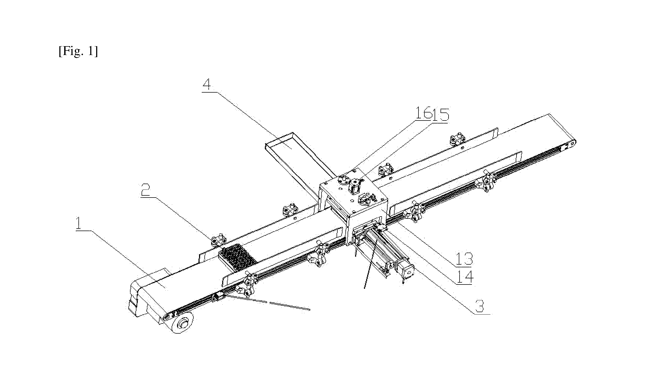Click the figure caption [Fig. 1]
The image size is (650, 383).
click(x=78, y=51)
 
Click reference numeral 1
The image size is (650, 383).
click(x=79, y=224)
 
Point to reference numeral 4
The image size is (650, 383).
click(x=207, y=85)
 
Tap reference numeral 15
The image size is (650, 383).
click(x=441, y=114)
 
